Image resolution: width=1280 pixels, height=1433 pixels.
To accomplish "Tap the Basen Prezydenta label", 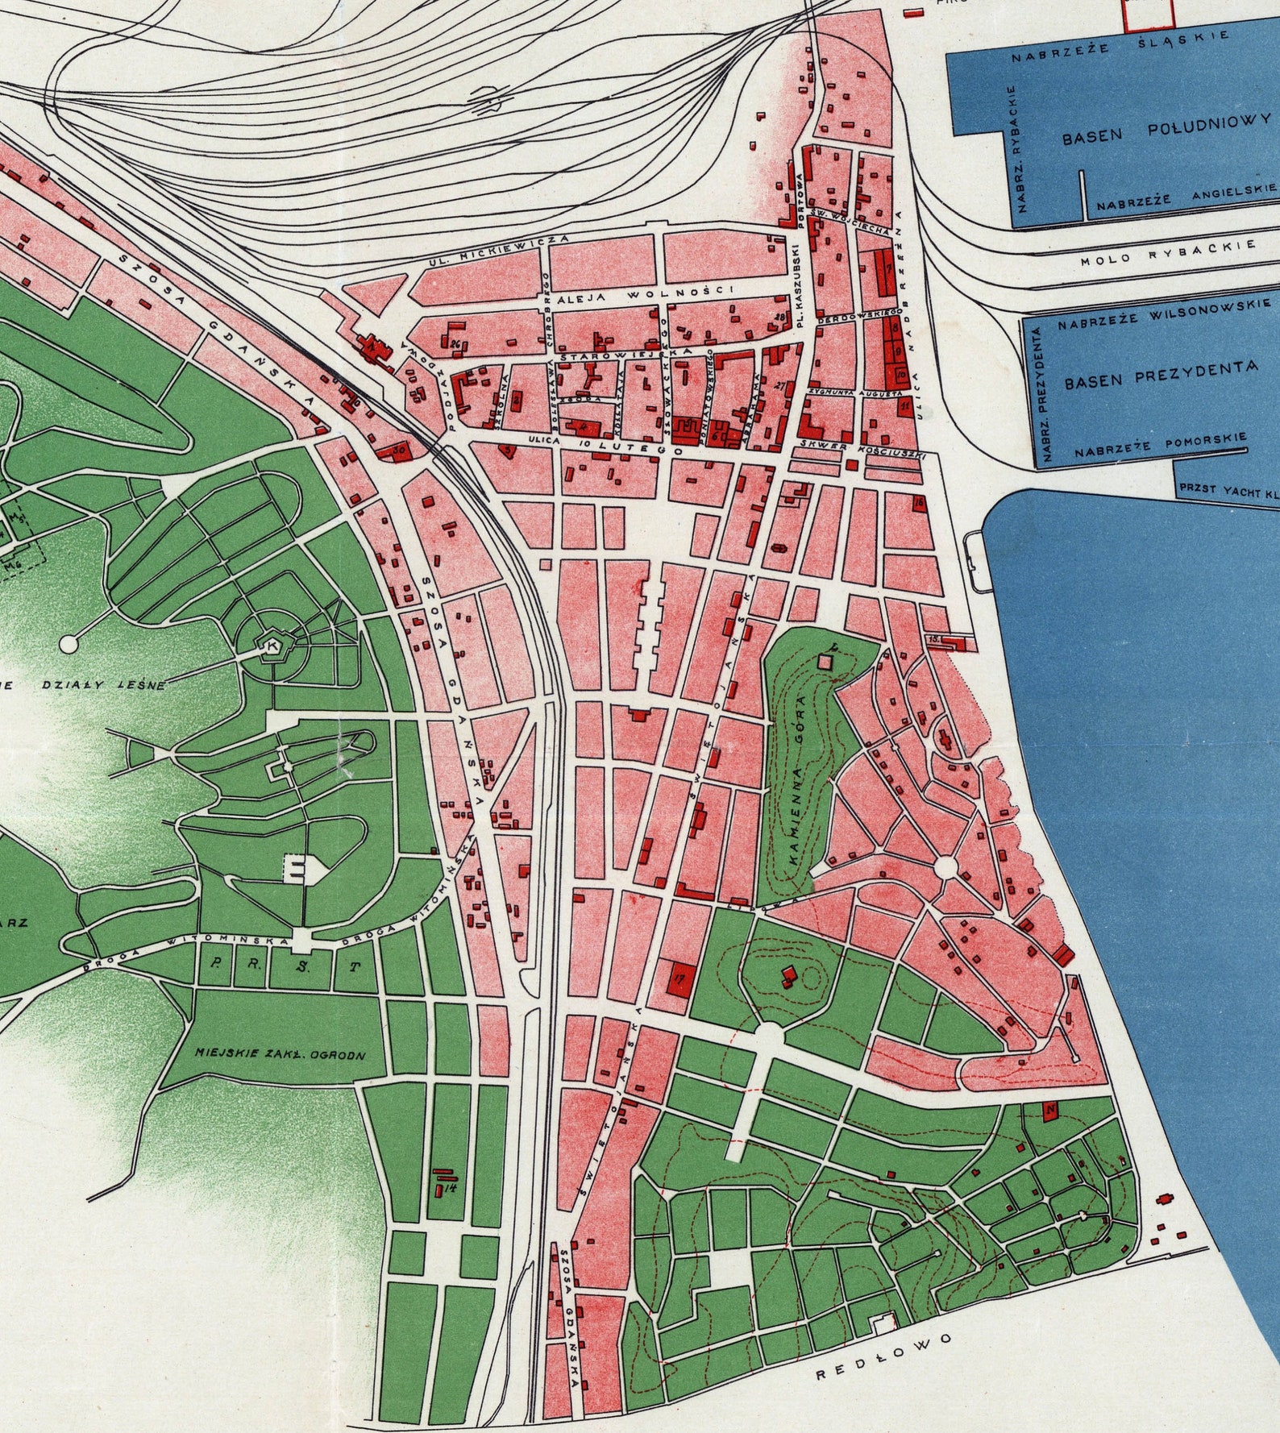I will coord(1161,374).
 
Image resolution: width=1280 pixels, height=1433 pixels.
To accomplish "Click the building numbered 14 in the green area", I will coord(442,1185).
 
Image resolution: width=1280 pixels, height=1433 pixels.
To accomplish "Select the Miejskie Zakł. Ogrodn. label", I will coord(281,1053).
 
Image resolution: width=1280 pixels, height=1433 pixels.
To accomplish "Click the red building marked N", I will coord(1049,1111).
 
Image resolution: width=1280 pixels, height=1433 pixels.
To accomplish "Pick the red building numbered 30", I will coord(398,452).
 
